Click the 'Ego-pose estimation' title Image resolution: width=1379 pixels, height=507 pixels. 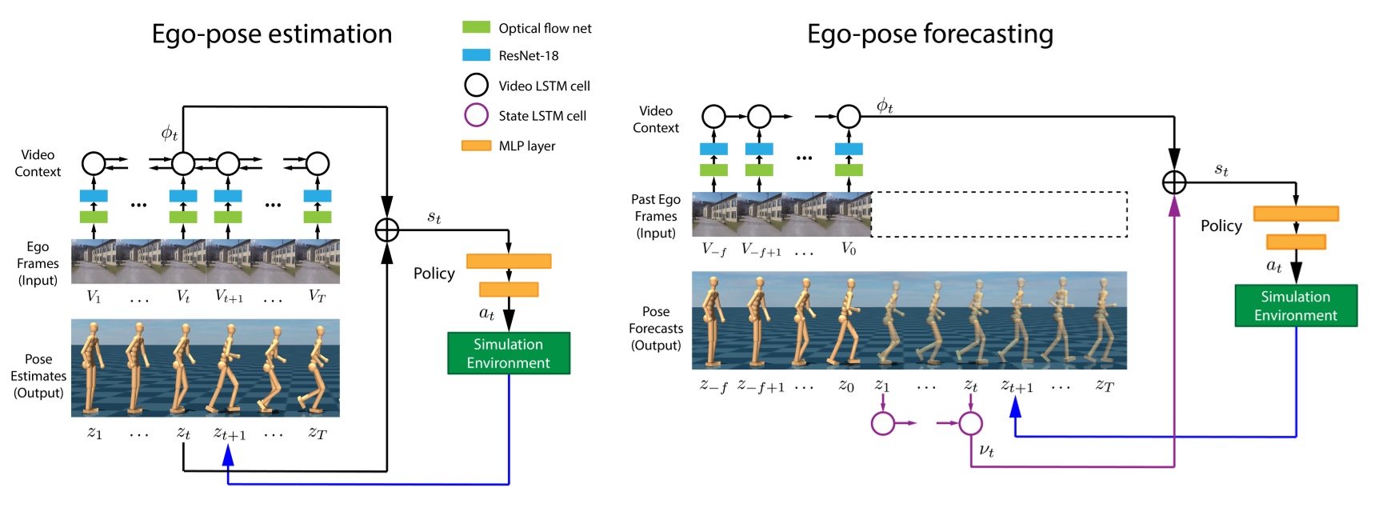pyautogui.click(x=272, y=34)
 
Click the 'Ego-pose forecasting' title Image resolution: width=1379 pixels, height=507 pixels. pyautogui.click(x=929, y=34)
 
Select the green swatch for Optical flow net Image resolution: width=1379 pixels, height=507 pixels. pyautogui.click(x=476, y=27)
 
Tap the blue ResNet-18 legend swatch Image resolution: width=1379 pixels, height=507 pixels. pyautogui.click(x=476, y=55)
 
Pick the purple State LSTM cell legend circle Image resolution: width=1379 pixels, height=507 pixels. pyautogui.click(x=476, y=115)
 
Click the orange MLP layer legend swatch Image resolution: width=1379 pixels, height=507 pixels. pyautogui.click(x=476, y=146)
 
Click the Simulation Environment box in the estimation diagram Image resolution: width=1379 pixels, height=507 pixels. pyautogui.click(x=509, y=353)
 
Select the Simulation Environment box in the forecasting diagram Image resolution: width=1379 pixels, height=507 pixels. pyautogui.click(x=1295, y=305)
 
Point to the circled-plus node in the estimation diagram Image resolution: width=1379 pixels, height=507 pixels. pyautogui.click(x=386, y=230)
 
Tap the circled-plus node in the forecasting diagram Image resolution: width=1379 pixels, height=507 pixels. pyautogui.click(x=1173, y=182)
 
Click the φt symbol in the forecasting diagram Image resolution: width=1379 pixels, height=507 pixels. pyautogui.click(x=884, y=106)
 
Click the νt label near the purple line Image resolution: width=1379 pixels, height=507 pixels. pyautogui.click(x=986, y=450)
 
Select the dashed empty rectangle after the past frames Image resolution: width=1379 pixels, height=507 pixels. pyautogui.click(x=999, y=214)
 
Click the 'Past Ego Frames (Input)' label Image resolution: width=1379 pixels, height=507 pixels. pyautogui.click(x=655, y=216)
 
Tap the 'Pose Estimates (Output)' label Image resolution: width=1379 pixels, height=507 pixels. pyautogui.click(x=38, y=376)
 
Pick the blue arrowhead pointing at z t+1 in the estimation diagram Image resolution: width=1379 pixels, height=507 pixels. pyautogui.click(x=228, y=456)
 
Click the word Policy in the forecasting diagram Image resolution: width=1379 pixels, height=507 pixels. pyautogui.click(x=1221, y=226)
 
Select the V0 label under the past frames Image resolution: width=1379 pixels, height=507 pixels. pyautogui.click(x=848, y=249)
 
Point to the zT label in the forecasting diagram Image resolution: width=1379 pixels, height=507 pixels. pyautogui.click(x=1104, y=386)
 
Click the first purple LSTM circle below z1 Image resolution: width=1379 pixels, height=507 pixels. pyautogui.click(x=882, y=422)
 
